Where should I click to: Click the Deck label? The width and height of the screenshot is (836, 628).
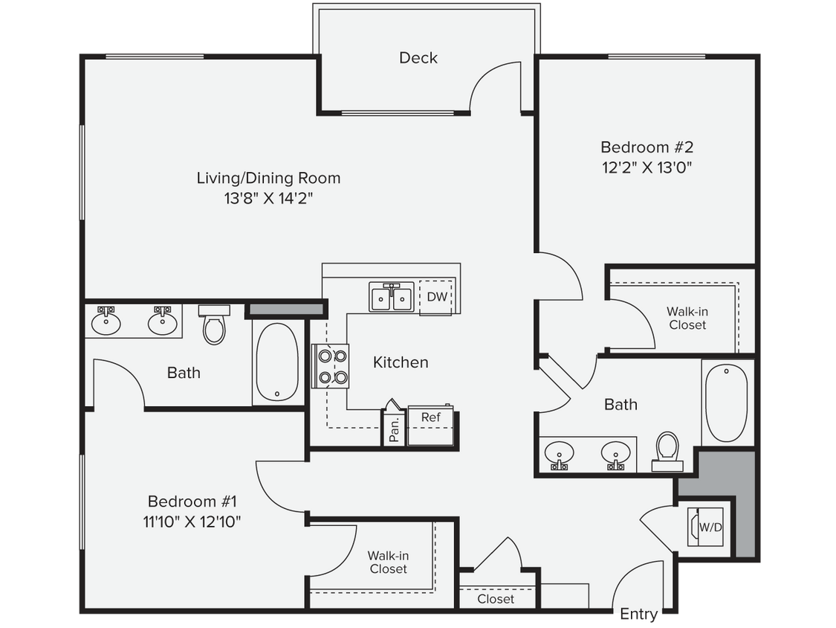418,58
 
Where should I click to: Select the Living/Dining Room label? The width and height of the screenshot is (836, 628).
268,179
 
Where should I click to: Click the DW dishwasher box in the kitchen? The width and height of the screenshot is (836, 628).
437,298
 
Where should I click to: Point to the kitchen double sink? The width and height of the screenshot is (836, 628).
392,298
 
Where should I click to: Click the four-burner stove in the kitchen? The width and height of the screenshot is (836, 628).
331,366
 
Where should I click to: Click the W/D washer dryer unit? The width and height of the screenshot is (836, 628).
709,527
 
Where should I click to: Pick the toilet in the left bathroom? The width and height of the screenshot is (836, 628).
214,324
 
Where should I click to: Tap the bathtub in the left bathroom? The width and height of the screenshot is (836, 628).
278,363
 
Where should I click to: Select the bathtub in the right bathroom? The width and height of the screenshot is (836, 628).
726,402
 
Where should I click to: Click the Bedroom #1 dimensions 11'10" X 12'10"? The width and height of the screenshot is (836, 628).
193,522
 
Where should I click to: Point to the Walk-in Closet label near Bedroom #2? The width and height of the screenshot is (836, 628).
687,318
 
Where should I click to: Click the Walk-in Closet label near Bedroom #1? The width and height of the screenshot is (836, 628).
388,563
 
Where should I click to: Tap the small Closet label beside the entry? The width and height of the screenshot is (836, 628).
496,599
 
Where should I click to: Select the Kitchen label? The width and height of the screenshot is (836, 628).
401,362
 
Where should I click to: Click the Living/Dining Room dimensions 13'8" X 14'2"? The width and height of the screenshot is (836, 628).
268,199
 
